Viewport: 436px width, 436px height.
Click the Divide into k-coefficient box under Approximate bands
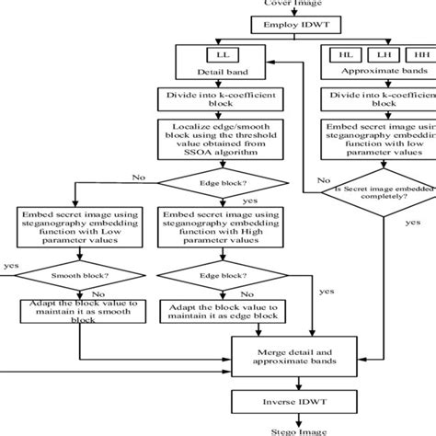click(x=374, y=99)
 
